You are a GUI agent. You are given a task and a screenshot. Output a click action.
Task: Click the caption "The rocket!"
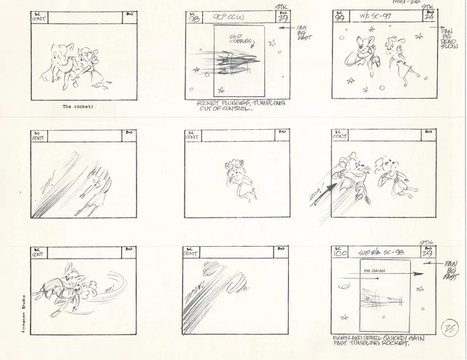77,107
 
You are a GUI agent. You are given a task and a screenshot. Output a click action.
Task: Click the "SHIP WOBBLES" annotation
240,40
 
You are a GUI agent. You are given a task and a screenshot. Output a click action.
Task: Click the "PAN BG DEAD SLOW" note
447,36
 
